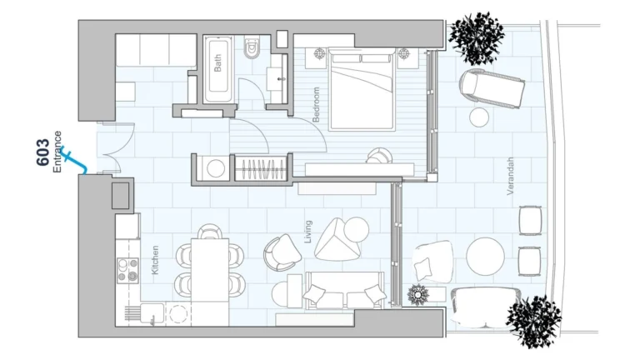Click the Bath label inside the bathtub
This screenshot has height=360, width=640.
pos(218,63)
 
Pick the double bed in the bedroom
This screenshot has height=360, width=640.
pos(362,88)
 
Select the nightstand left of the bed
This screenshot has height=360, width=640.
pos(321,55)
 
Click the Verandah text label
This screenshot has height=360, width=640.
pos(511,177)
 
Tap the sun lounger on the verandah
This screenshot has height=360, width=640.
pos(492,86)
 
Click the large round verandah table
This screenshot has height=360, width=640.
pos(486,257)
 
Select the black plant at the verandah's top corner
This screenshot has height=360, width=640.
pos(477,37)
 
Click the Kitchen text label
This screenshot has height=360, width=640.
pos(155,260)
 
